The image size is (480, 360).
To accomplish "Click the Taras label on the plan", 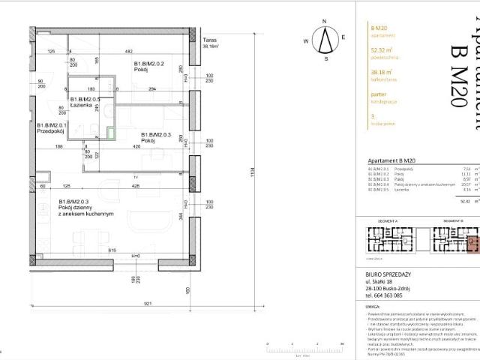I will click(x=211, y=40).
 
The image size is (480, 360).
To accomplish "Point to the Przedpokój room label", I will click(x=52, y=129).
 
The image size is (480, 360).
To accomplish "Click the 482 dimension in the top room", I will click(x=128, y=51).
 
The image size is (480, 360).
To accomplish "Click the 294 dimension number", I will click(x=172, y=89).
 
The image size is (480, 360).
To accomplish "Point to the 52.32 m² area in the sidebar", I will click(x=382, y=52).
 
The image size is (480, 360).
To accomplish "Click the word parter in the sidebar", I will click(x=378, y=94).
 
